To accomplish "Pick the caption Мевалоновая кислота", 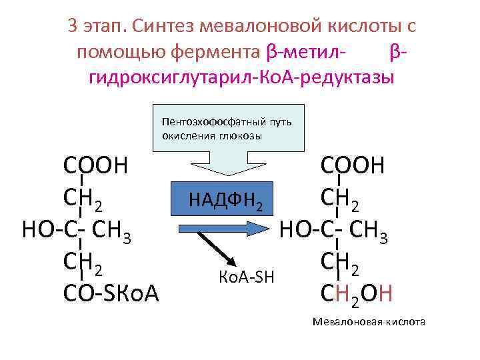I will tap(369, 322).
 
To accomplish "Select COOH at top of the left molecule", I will tap(95, 165).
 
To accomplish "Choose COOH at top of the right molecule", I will tap(353, 165).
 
